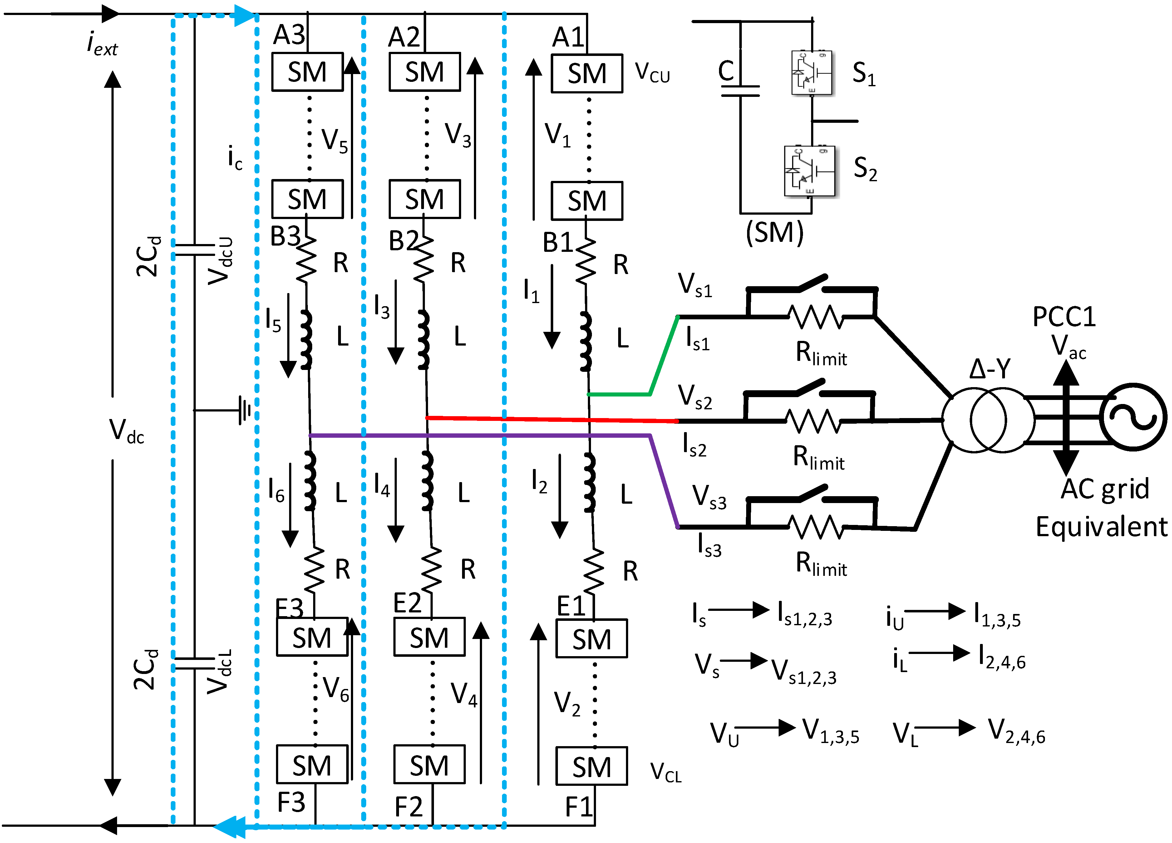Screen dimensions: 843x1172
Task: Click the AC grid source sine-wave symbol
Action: pos(1133,417)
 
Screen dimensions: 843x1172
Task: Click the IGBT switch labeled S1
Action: pos(811,73)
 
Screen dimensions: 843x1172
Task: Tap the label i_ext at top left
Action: pos(102,43)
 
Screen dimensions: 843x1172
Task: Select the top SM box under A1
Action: pos(587,73)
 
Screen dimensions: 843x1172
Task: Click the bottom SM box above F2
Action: pos(429,764)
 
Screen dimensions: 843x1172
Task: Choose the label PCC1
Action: pos(1063,317)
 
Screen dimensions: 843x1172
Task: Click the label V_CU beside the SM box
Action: pos(652,72)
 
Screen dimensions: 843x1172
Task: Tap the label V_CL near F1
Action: pos(666,772)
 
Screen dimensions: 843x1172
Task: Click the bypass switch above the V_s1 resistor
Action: pos(811,282)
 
